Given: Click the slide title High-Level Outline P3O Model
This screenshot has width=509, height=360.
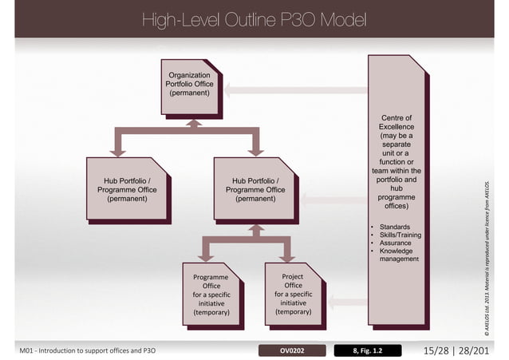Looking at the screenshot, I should coord(254,19).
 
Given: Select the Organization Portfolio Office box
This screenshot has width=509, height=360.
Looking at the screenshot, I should coord(189,84).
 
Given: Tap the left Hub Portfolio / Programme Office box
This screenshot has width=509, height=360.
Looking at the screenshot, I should coord(127,190).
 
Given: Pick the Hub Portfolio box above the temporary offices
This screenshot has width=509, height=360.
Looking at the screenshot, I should coord(255,190).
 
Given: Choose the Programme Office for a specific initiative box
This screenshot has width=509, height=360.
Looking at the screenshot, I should coord(211,295).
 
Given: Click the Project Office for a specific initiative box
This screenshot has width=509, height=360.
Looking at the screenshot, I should coord(293,295).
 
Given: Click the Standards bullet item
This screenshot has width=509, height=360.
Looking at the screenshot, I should coord(395,227).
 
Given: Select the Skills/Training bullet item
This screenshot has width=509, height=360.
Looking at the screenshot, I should coord(400,235).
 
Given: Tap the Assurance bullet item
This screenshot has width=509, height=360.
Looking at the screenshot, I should coord(396,243).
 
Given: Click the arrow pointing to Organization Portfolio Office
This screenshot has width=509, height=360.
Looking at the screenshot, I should coord(295,89).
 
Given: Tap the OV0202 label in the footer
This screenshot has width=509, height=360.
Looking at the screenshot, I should coord(293,350).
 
